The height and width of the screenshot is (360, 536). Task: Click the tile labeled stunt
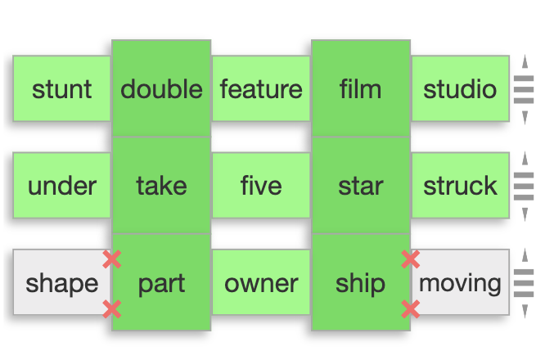61,88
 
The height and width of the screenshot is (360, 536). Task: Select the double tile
161,88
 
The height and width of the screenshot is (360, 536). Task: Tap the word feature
261,88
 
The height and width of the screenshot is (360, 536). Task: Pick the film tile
360,88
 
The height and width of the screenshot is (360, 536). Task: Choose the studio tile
459,88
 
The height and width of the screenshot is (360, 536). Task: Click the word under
61,186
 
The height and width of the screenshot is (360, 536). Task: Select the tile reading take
161,186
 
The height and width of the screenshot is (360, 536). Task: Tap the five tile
261,186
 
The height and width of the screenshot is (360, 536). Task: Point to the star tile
360,186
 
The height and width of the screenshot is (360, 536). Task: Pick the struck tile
459,186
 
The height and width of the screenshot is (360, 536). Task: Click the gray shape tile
61,283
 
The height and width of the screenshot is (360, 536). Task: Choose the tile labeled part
161,283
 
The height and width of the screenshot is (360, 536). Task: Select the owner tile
261,283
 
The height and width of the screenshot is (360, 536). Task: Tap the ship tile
360,283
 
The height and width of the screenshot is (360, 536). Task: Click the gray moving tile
459,283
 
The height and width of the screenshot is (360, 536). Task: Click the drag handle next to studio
524,88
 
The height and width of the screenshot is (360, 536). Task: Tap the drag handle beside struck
524,186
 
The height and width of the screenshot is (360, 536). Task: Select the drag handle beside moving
524,283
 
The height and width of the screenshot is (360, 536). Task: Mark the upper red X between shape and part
112,259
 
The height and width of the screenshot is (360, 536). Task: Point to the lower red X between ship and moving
411,308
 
